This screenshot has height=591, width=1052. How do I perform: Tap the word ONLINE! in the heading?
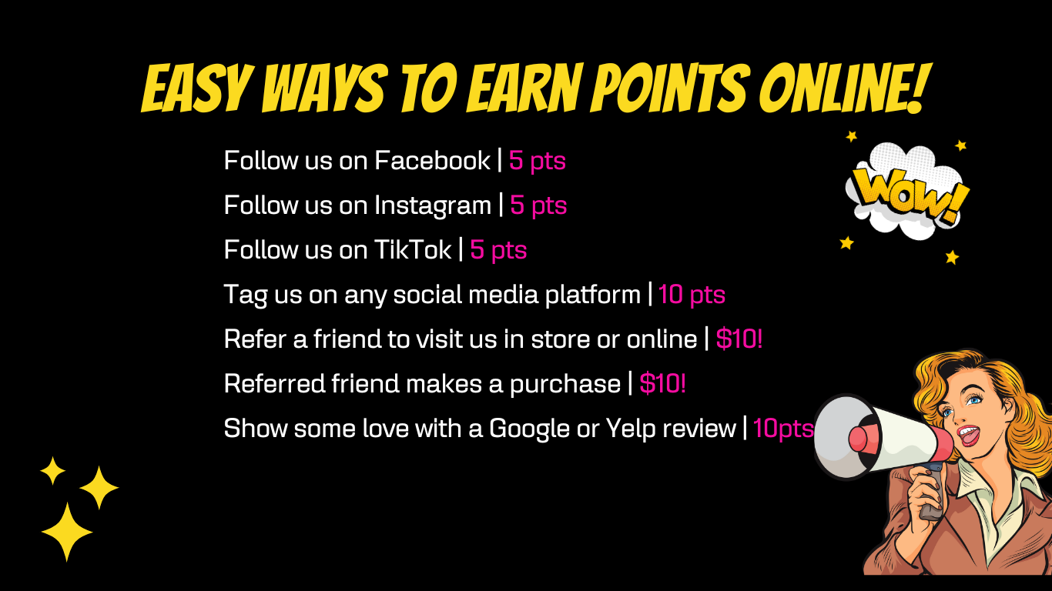pyautogui.click(x=844, y=88)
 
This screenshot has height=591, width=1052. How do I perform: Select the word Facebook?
pyautogui.click(x=433, y=161)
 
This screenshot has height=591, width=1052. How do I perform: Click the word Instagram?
pyautogui.click(x=433, y=205)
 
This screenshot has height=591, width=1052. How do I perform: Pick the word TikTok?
pyautogui.click(x=413, y=249)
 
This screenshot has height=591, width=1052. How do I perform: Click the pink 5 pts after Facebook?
pyautogui.click(x=538, y=161)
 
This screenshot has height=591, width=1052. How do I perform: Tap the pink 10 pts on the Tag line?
pyautogui.click(x=692, y=295)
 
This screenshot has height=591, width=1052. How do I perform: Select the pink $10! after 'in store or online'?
pyautogui.click(x=739, y=339)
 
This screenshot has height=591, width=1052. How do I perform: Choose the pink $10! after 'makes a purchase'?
pyautogui.click(x=662, y=383)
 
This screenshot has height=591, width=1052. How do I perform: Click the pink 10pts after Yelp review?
pyautogui.click(x=783, y=429)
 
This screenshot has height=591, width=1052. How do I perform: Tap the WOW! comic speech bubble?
pyautogui.click(x=906, y=192)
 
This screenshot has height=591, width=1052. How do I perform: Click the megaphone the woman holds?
pyautogui.click(x=883, y=438)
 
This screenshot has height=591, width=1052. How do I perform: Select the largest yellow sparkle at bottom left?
pyautogui.click(x=67, y=532)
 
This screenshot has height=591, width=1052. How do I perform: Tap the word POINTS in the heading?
pyautogui.click(x=668, y=88)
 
